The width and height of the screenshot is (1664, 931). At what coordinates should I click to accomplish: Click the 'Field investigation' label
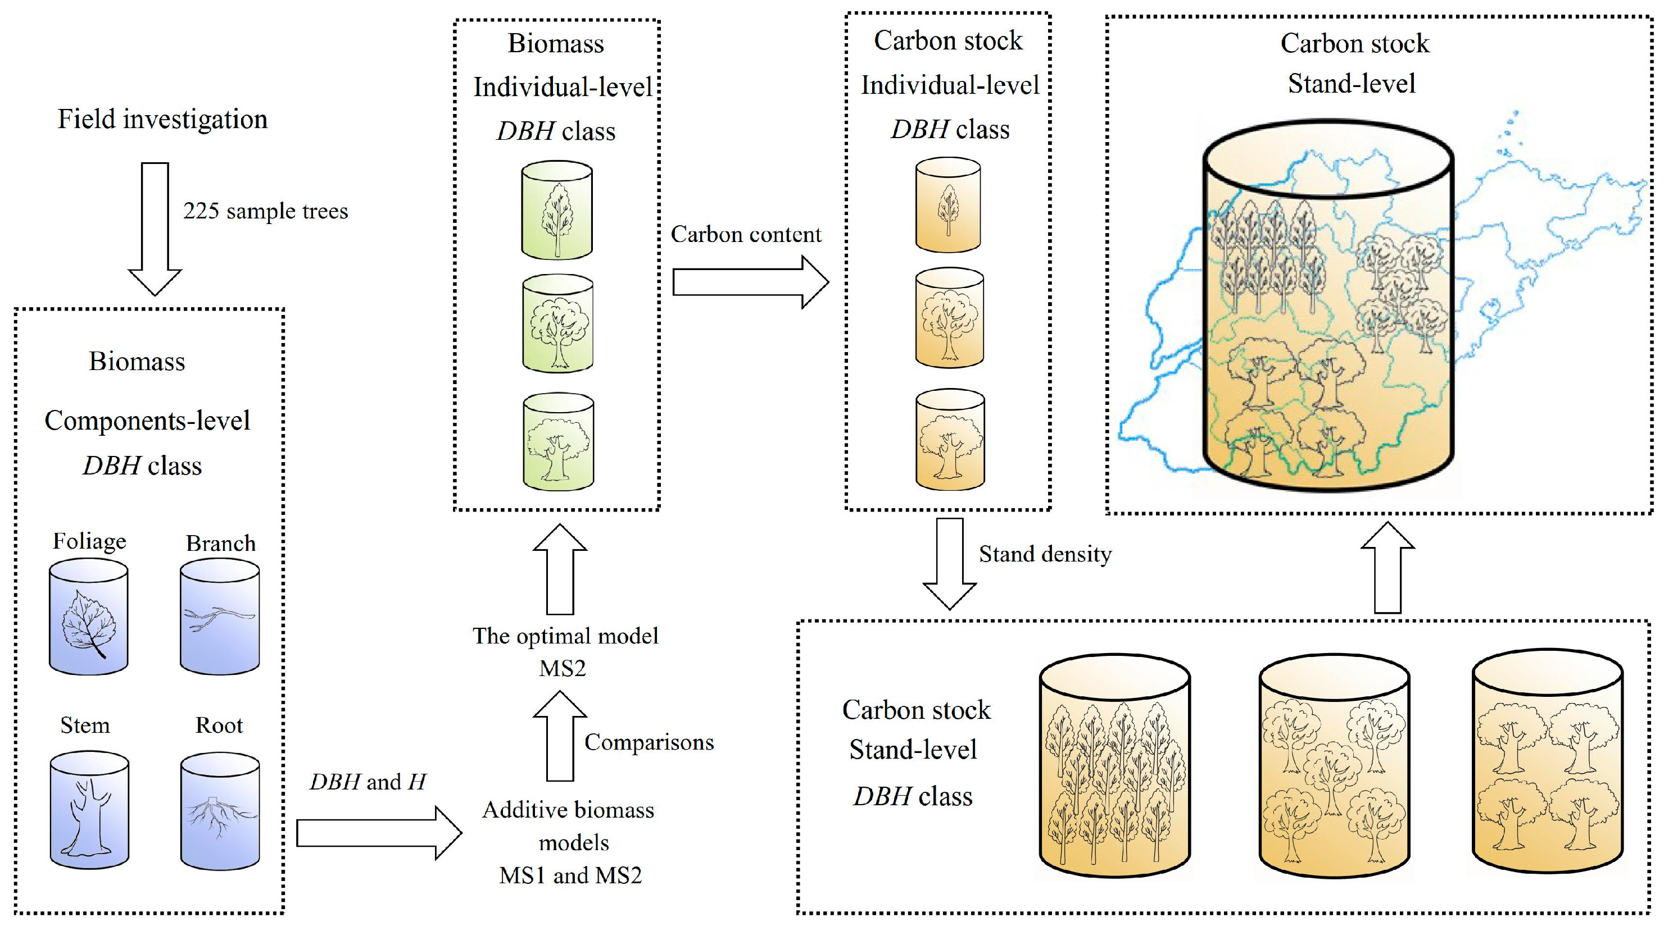tap(162, 120)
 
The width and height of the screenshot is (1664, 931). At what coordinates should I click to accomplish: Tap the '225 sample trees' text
tap(265, 211)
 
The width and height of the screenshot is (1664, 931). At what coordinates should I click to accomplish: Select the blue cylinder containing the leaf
tap(88, 617)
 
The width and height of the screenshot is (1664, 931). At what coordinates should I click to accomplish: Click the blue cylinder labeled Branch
tap(220, 617)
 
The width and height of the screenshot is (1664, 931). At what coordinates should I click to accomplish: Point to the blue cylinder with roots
tap(220, 810)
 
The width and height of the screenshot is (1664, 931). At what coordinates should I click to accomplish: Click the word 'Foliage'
tap(89, 542)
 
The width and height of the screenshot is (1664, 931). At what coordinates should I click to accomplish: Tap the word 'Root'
tap(219, 725)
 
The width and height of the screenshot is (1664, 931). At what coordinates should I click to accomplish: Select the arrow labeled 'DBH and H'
tap(379, 833)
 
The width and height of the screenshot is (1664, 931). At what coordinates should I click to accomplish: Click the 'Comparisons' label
tap(649, 742)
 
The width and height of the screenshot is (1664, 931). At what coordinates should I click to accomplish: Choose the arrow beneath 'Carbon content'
tap(751, 282)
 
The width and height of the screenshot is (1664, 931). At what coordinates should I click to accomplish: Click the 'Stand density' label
tap(1045, 554)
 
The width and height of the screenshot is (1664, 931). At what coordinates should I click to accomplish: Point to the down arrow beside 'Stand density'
tap(949, 564)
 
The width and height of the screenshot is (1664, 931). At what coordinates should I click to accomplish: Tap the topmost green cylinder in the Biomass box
tap(557, 210)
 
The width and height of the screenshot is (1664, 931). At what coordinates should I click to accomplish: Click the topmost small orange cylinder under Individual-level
tap(947, 206)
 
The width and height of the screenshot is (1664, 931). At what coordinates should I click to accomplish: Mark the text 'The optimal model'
tap(565, 636)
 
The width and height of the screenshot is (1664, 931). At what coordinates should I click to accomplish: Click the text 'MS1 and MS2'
tap(570, 875)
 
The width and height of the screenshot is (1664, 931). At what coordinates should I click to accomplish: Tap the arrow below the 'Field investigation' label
tap(155, 229)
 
